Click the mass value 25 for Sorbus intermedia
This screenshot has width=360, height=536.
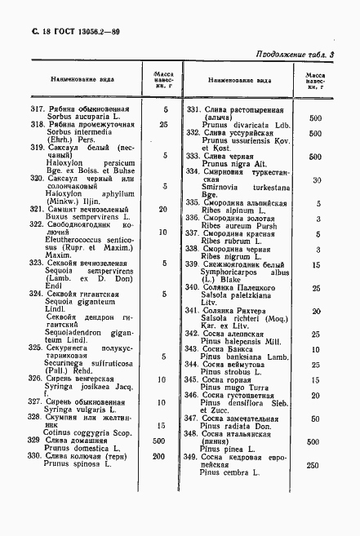[164, 126]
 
